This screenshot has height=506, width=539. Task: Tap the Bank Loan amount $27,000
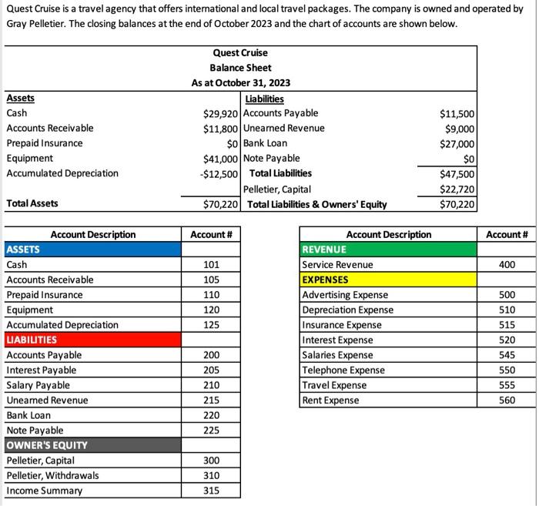457,144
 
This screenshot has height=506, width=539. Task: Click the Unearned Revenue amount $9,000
460,129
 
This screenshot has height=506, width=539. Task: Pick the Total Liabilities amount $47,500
457,174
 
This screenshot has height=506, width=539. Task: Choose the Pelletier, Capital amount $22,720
457,189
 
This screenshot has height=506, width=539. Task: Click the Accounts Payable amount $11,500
457,114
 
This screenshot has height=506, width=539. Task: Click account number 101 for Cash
210,265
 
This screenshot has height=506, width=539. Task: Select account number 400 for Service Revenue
506,265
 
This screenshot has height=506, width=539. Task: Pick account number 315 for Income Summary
210,491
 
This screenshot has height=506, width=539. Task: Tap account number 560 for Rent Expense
506,400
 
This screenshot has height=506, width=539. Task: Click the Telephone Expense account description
343,370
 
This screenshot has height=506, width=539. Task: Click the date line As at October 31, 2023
241,83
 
